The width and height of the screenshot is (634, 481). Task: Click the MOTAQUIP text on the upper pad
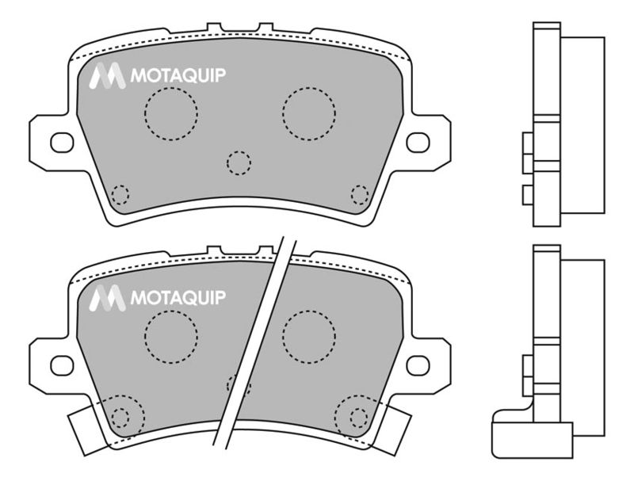[x=178, y=75]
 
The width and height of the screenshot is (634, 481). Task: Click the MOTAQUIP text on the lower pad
[x=178, y=298]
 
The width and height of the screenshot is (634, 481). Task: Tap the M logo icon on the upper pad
[x=107, y=75]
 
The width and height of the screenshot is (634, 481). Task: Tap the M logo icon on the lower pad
[x=107, y=298]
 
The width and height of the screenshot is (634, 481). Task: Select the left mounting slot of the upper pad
[x=62, y=143]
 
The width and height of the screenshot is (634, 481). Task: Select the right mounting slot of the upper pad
[x=418, y=143]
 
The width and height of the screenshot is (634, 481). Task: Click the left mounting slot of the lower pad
[x=62, y=365]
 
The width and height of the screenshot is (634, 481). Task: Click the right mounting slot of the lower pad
[x=418, y=365]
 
